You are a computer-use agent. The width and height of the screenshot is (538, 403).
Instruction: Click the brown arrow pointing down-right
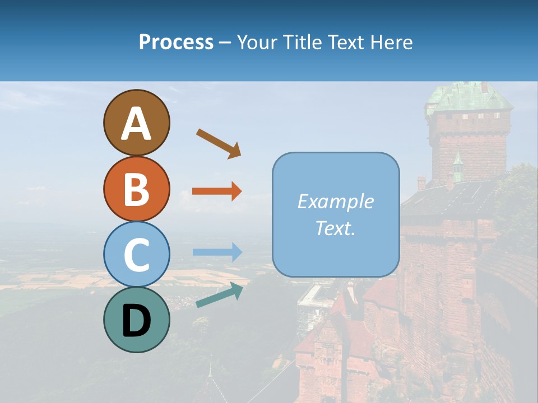219,143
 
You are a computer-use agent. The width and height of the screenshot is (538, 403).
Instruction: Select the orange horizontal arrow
217,191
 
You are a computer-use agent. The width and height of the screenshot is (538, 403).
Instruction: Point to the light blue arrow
217,252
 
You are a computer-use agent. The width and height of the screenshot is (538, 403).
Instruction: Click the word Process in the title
176,42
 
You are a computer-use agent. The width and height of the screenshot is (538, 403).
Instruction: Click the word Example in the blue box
335,201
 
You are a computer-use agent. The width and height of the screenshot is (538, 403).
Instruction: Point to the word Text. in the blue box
335,228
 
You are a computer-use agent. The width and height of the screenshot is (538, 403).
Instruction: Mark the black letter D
136,321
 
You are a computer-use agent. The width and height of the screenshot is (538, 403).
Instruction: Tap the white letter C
136,255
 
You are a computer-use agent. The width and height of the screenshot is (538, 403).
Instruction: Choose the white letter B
136,189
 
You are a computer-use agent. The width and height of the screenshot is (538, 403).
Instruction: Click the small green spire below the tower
458,166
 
